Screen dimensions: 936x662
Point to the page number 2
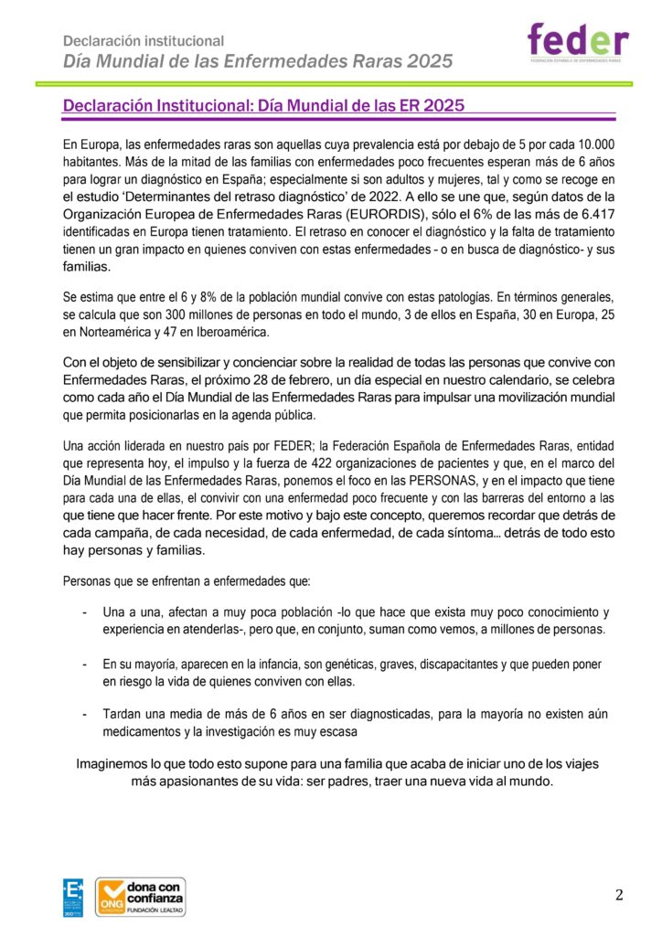pos(619,895)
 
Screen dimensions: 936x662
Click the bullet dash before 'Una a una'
pos(85,612)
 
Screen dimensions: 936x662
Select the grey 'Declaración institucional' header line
pos(144,41)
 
